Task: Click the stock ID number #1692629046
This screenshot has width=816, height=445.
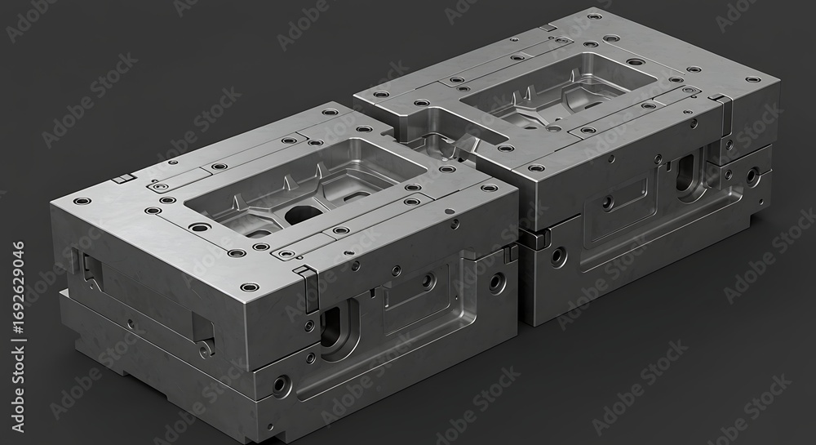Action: point(18,336)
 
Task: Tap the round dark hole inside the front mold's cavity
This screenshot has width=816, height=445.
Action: point(302,214)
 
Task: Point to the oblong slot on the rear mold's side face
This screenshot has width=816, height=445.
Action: point(685,172)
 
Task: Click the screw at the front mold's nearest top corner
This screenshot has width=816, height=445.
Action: point(249,287)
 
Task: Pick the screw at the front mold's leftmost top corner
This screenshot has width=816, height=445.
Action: point(82,201)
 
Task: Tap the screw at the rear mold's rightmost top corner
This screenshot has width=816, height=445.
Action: point(753,80)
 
